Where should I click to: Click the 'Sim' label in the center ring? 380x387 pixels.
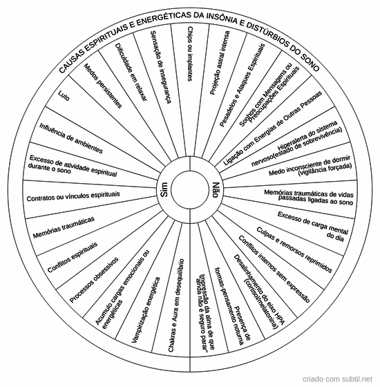164,189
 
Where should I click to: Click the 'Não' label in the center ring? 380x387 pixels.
215,189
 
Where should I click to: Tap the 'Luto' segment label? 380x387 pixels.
64,96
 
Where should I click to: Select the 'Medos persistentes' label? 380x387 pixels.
103,86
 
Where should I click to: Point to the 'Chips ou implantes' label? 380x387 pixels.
190,54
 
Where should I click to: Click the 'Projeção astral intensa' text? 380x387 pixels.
220,63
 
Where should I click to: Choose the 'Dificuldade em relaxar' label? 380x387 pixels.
131,72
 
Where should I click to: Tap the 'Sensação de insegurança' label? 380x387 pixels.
160,67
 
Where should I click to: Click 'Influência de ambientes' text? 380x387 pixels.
71,138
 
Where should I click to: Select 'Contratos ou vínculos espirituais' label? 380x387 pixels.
73,196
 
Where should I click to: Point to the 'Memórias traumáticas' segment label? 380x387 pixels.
64,227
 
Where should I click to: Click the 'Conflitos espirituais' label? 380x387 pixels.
73,257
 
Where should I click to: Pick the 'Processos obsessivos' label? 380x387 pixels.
94,280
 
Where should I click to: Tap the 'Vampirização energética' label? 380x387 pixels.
146,310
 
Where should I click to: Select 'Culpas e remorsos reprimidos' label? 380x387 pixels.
294,249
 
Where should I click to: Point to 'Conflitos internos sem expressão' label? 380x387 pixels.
274,269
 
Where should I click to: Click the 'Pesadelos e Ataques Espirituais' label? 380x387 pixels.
243,86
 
